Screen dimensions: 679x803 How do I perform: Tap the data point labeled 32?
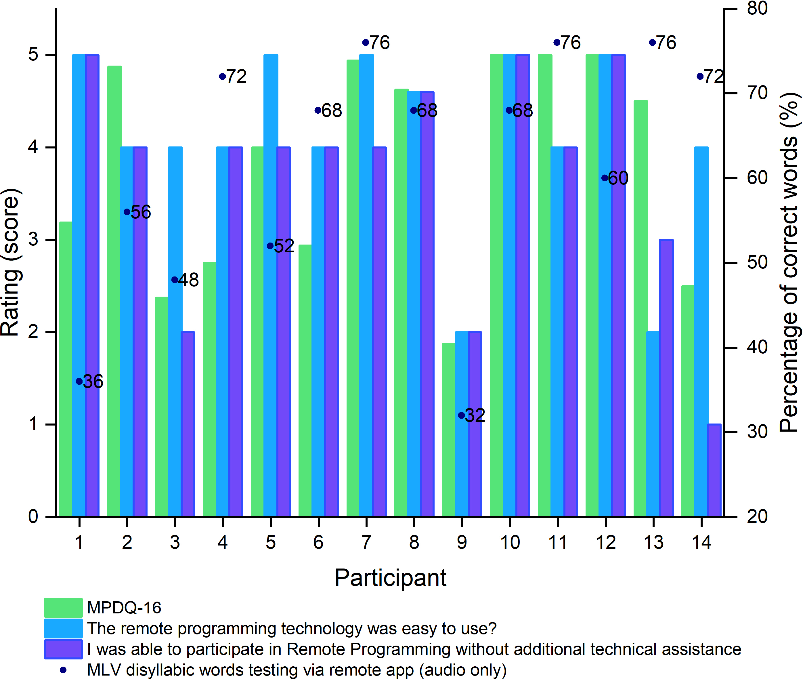[x=461, y=415]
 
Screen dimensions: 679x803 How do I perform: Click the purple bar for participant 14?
[x=714, y=470]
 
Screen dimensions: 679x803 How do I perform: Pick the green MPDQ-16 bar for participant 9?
[x=448, y=429]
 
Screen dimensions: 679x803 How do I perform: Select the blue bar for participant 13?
[x=653, y=424]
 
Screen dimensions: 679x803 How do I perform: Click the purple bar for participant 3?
[x=188, y=424]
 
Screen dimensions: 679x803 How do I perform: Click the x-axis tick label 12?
[x=606, y=542]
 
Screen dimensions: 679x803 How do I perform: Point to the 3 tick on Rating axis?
[x=33, y=239]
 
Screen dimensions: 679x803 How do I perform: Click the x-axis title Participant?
[x=390, y=577]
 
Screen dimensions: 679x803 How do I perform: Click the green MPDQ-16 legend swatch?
[x=63, y=608]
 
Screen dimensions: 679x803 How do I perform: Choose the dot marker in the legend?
[x=63, y=670]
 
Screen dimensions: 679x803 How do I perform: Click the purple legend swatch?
[x=63, y=649]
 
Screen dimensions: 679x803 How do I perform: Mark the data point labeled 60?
[x=605, y=178]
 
